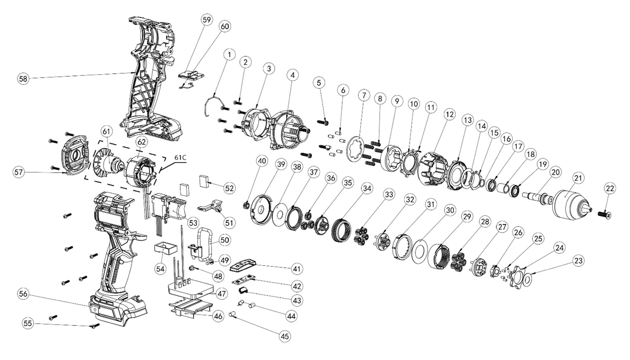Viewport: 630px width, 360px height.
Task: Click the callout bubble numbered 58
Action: [23, 79]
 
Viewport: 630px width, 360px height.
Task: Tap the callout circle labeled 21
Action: [578, 178]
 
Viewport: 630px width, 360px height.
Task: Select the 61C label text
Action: [180, 158]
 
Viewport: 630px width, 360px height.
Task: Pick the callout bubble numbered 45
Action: [285, 336]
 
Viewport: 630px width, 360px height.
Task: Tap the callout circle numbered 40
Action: [262, 161]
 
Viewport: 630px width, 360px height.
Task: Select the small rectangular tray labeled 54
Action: [166, 248]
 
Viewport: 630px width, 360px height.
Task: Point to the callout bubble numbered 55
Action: [28, 323]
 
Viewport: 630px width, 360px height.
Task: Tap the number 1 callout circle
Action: [230, 54]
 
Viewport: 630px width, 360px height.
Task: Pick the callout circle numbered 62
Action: [142, 142]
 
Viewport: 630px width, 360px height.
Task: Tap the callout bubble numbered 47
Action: [222, 294]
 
